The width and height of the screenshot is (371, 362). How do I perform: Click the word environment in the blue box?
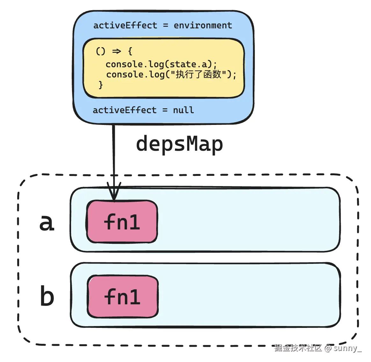pos(203,25)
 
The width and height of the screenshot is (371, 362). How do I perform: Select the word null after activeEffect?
pos(183,110)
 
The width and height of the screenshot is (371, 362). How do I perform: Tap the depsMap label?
pos(179,144)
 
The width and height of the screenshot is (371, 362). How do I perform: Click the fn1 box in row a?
pos(122,222)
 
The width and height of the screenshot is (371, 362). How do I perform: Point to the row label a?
pos(47,222)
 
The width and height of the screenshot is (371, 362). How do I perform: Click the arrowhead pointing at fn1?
pos(114,193)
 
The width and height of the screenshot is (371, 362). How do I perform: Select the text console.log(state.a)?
pos(161,64)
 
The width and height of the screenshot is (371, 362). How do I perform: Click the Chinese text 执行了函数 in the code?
pos(198,75)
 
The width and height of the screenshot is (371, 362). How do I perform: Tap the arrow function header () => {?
pos(114,51)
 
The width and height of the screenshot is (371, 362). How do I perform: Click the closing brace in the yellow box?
pos(101,85)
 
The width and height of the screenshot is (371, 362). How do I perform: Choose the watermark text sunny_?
pos(347,348)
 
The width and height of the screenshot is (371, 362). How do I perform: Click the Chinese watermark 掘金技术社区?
pos(298,348)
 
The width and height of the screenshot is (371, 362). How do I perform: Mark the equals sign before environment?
pos(165,25)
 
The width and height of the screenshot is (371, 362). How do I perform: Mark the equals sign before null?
pos(165,110)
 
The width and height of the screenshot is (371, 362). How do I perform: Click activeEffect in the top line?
pos(125,25)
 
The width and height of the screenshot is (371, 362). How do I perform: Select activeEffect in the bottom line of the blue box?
pos(125,110)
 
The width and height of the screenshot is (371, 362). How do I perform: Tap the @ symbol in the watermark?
pos(328,348)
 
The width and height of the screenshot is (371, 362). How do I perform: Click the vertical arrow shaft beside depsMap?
pos(113,153)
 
